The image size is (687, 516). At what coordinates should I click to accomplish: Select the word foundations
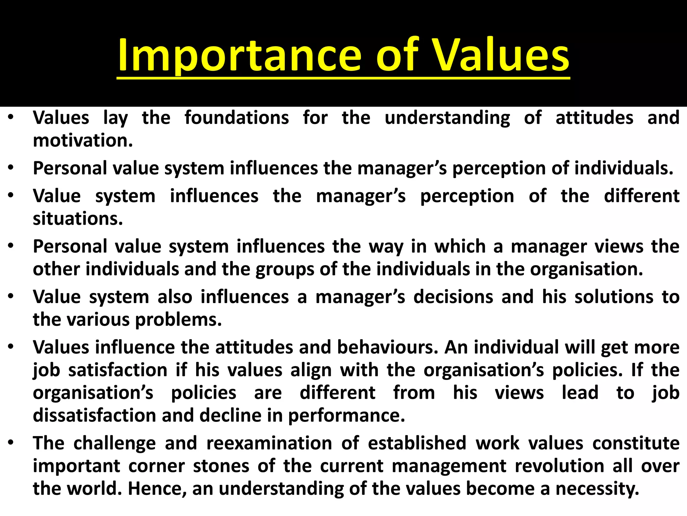236,118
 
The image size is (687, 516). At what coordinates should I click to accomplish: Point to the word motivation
83,141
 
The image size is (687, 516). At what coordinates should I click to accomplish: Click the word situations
78,219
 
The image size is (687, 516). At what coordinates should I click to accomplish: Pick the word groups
285,270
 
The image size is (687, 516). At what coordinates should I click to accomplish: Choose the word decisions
453,297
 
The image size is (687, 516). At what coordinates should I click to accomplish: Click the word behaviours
387,347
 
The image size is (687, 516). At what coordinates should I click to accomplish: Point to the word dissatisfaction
94,416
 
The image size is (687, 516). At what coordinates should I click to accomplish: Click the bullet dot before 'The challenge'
11,443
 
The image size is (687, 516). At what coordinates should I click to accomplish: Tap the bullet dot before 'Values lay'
11,118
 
